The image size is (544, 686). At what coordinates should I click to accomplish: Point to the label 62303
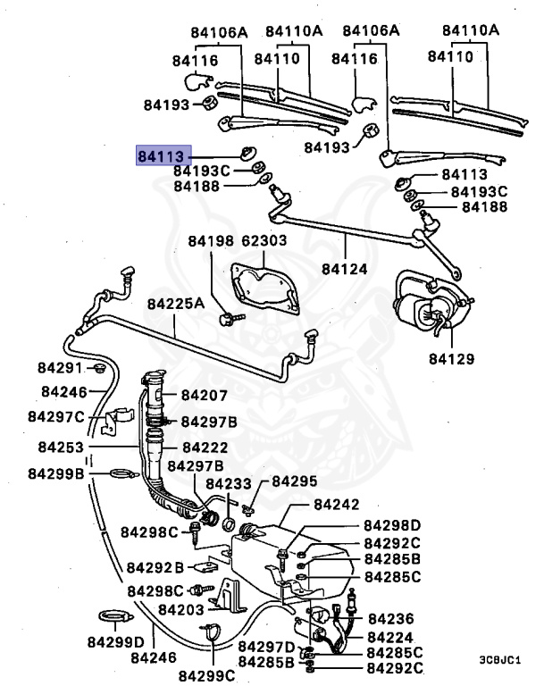point(264,241)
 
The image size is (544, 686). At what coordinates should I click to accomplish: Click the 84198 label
point(210,241)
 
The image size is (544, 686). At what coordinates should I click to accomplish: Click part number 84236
point(391,618)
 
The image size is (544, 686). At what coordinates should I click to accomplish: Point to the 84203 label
point(181,609)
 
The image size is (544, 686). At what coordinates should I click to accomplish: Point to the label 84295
point(294,481)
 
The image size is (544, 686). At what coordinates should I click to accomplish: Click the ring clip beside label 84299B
point(119,473)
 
